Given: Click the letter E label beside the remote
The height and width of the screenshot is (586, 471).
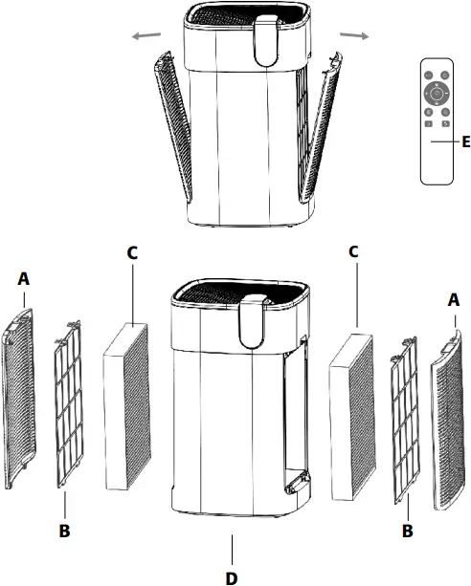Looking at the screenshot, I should (464, 142).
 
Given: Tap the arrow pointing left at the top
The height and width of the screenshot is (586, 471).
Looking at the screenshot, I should (146, 36).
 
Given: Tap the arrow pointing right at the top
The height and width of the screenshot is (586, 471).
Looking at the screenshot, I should (353, 35).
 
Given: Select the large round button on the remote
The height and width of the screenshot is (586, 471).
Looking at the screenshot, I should (437, 94).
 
